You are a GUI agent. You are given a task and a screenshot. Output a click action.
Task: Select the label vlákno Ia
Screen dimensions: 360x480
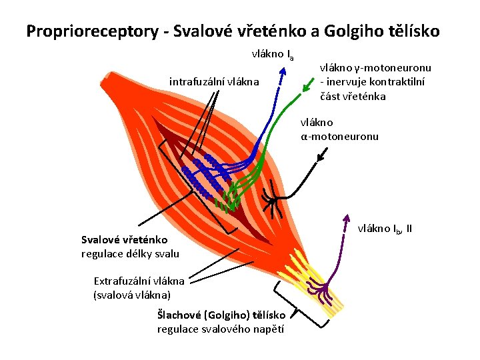tap(272, 54)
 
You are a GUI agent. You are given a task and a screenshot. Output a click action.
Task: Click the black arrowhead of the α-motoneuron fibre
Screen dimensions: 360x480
tap(323, 158)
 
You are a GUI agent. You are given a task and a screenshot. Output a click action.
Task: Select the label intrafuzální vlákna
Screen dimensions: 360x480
tap(214, 82)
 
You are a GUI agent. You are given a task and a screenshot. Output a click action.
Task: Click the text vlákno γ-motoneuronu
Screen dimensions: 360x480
tap(375, 68)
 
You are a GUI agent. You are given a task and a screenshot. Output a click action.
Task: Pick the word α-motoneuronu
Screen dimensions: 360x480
tap(339, 137)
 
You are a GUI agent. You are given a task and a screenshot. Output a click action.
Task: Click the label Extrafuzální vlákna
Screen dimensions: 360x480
tap(139, 281)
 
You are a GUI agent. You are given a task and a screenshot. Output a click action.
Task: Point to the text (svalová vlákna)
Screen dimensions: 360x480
tap(132, 294)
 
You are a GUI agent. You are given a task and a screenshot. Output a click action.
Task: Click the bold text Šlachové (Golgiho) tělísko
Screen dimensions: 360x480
tap(221, 315)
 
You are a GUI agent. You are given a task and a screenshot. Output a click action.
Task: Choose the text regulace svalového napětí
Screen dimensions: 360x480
tap(221, 329)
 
